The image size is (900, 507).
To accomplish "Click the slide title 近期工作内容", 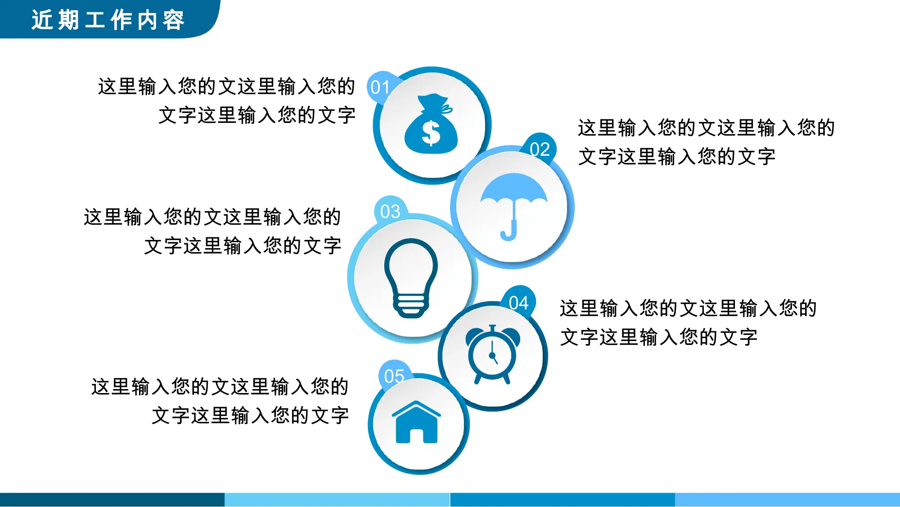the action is (108, 20).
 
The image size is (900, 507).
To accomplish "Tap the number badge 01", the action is (380, 87).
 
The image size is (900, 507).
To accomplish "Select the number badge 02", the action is (540, 149).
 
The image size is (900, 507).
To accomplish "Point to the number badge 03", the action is (390, 211).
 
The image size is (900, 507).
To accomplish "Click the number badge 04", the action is (518, 303).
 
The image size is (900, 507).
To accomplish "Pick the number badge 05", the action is (394, 376).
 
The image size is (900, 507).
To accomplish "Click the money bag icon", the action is (431, 124).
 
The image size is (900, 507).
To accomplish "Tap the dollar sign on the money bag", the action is (431, 133).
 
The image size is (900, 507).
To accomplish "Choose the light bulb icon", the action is (411, 278).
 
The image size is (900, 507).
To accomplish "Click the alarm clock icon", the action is (493, 354).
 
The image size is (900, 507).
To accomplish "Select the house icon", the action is (417, 422).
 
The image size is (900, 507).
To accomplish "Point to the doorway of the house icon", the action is (417, 436).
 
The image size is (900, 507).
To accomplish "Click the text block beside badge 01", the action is (227, 101).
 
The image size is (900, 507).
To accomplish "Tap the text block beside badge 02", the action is (706, 142).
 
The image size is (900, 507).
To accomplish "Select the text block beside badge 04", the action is (688, 322).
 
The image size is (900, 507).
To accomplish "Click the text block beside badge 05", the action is (220, 401).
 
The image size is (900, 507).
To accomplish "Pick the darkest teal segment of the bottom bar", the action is (112, 500).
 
